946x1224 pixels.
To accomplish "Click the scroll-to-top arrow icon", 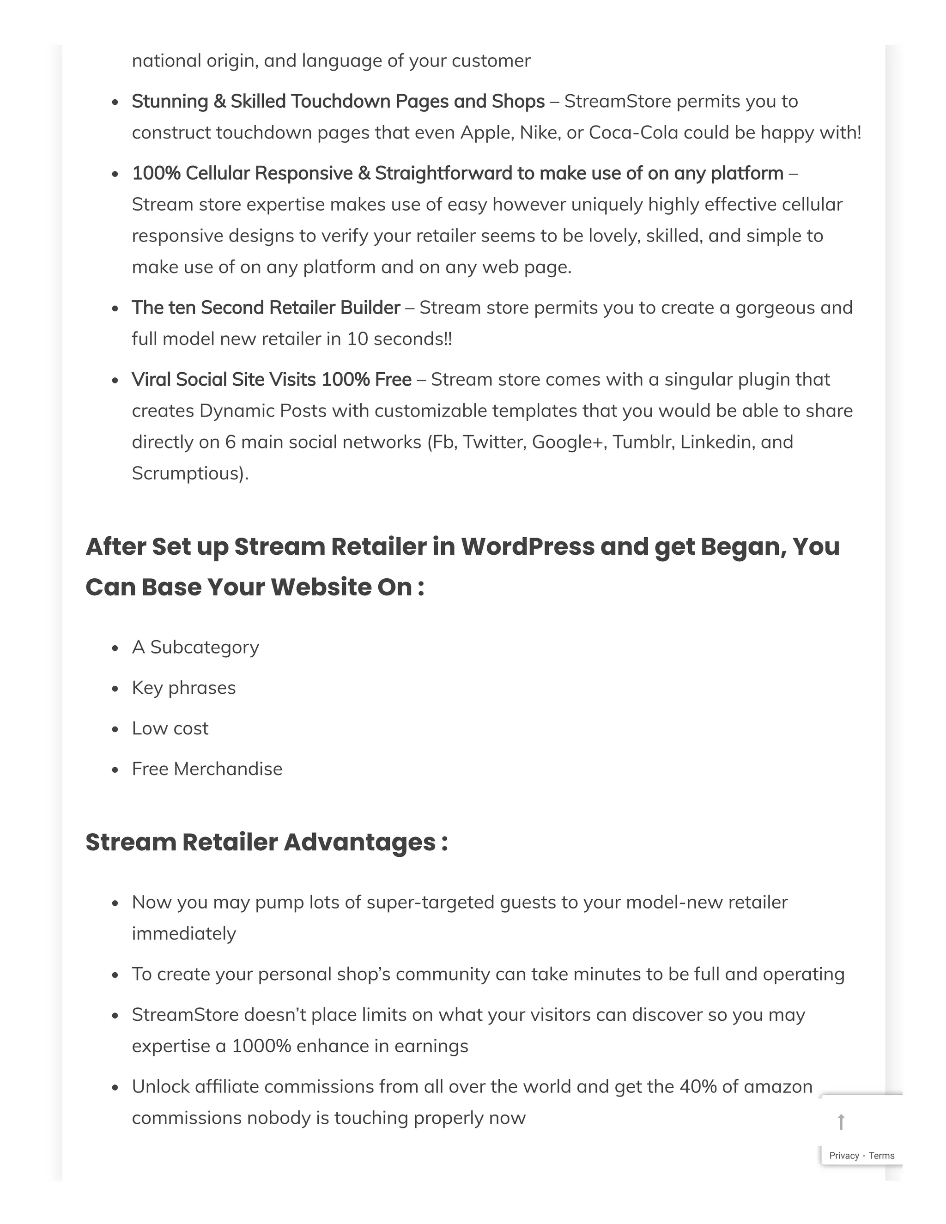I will (x=841, y=1122).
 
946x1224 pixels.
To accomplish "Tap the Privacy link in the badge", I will (x=844, y=1156).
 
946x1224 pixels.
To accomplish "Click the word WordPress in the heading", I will (x=528, y=546).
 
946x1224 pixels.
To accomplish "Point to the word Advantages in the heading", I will (x=360, y=842).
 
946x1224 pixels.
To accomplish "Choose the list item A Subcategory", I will (x=195, y=647).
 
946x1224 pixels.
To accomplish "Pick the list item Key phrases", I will (x=184, y=688).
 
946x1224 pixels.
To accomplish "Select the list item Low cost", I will (x=170, y=728).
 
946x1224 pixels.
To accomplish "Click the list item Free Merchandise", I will (x=207, y=769).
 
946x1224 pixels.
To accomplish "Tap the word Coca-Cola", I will (x=633, y=133).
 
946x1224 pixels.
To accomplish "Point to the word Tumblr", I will (x=643, y=442).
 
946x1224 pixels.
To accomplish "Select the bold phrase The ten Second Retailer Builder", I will (x=266, y=308).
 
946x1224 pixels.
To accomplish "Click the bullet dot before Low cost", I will (x=115, y=730).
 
